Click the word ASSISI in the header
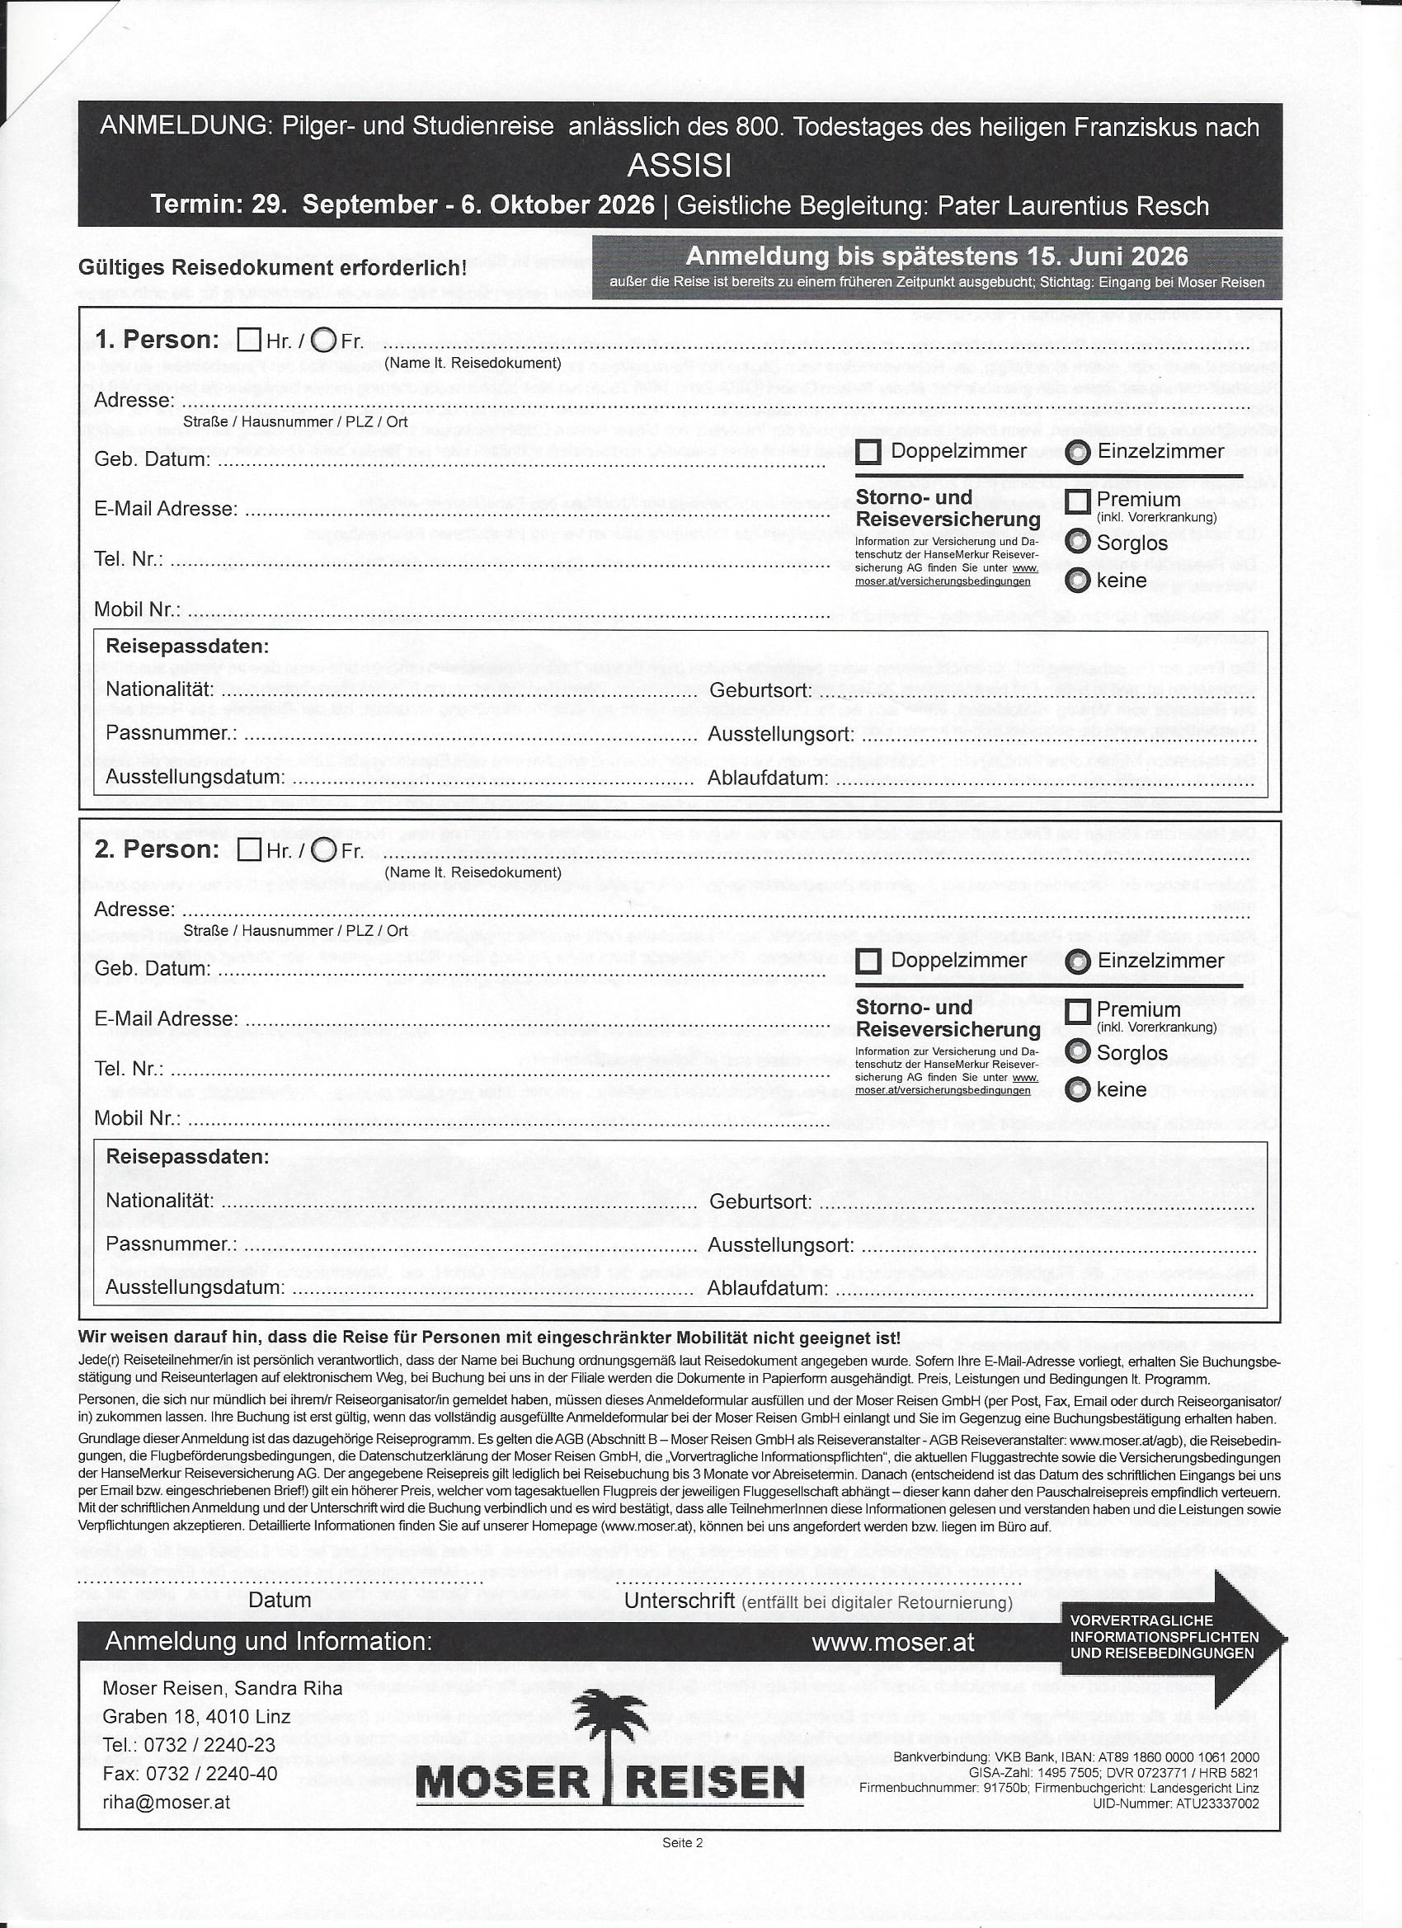tap(679, 166)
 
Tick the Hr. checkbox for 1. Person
tap(249, 341)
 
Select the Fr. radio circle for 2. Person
tap(324, 849)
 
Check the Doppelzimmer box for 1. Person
tap(868, 451)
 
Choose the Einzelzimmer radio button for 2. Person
tap(1078, 962)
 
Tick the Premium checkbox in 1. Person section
tap(1078, 501)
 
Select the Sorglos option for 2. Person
tap(1078, 1051)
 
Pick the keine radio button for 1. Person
tap(1078, 581)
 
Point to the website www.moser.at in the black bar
tap(892, 1642)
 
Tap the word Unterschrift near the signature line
tap(680, 1600)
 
